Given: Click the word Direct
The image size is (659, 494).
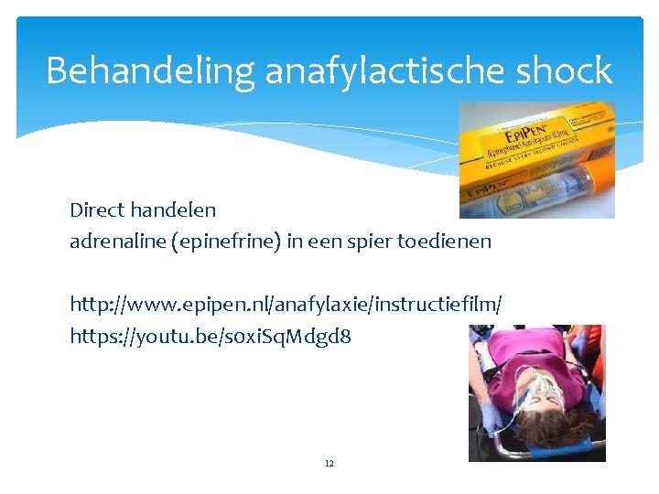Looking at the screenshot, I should pos(97,209).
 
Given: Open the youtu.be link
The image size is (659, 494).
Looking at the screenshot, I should pos(211,337).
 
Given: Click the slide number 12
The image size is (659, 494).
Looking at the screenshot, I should pos(329,464).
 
